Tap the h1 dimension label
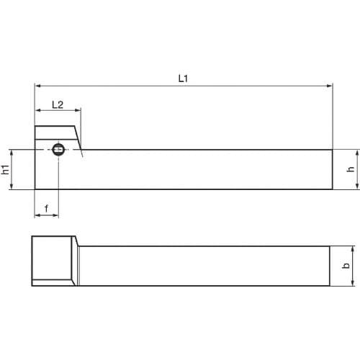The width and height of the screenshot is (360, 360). (x=6, y=169)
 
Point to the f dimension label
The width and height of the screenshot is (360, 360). (x=47, y=209)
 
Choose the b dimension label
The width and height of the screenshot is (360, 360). (x=346, y=266)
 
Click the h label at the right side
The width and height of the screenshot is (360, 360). (x=351, y=170)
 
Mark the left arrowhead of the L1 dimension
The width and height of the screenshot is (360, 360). (x=37, y=85)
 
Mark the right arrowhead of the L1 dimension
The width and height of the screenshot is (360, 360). (x=330, y=85)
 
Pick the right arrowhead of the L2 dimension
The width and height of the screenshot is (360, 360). (x=78, y=111)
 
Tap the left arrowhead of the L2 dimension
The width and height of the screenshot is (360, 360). (x=37, y=111)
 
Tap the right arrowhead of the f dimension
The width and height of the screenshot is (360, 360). (x=57, y=215)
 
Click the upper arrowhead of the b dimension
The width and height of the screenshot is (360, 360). (x=353, y=248)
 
